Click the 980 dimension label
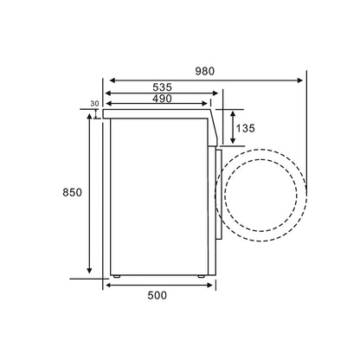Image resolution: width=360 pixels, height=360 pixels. pos(205,70)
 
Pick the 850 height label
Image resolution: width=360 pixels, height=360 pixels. pos(72,193)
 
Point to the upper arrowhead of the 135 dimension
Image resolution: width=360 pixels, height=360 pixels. pos(232,112)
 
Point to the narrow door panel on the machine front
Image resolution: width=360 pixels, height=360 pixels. pos(216,190)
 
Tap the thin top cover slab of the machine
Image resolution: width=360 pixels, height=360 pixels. pos(156,111)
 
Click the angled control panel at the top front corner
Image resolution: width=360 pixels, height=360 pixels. pos(211,125)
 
